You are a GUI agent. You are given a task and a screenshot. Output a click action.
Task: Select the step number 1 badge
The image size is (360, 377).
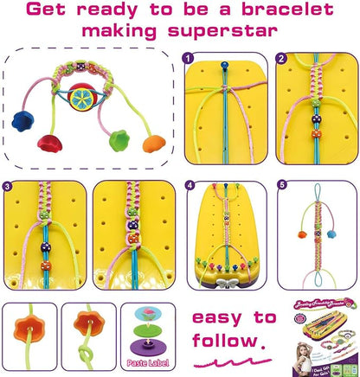coord(190,59)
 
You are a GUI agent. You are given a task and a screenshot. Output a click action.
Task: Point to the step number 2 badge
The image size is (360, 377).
coord(280,59)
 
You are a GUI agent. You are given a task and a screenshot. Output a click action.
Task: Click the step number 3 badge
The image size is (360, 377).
coord(10,185)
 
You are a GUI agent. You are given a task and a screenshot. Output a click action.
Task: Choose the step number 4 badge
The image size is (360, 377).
coord(190,185)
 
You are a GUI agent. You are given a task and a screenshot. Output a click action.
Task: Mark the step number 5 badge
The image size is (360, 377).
coord(281,185)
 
